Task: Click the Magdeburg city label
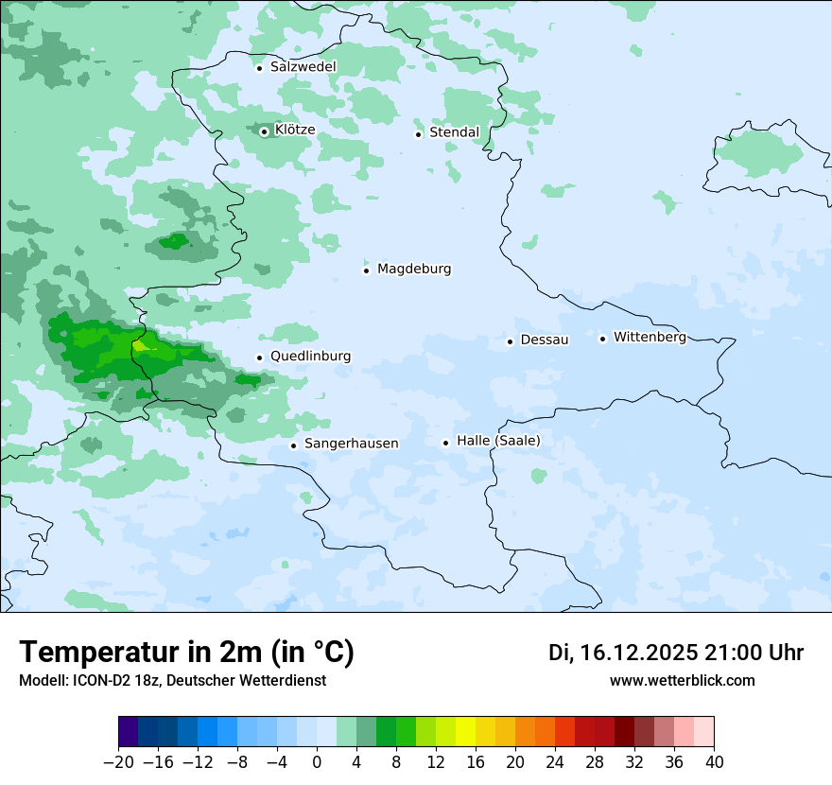tap(414, 269)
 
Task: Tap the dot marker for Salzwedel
tap(259, 68)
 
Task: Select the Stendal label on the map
tap(454, 132)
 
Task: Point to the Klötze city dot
tap(265, 131)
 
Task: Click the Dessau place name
tap(545, 340)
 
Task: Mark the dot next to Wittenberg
tap(602, 339)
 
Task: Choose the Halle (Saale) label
tap(498, 441)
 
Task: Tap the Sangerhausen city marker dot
tap(293, 445)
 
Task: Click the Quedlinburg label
tap(310, 357)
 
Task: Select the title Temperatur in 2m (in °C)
tap(186, 652)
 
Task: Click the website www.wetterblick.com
tap(682, 680)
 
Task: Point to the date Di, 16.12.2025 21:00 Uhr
tap(676, 653)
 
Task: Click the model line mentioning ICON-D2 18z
tap(172, 680)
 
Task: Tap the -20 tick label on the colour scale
tap(118, 762)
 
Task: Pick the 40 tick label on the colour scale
tap(714, 762)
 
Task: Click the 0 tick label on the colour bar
tap(317, 762)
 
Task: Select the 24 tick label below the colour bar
tap(555, 762)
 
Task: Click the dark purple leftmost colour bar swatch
tap(129, 732)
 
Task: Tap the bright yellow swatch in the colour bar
tap(465, 732)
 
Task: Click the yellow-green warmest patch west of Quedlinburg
tap(141, 346)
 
